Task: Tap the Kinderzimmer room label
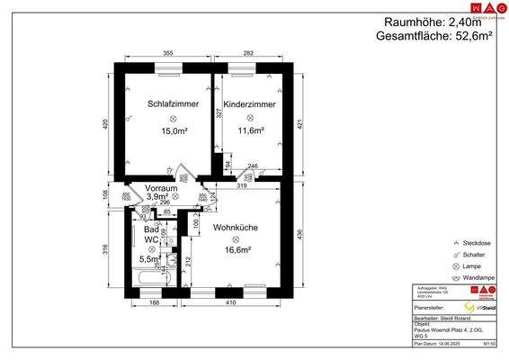(x=250, y=104)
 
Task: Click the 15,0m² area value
(x=174, y=130)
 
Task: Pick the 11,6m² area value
(x=250, y=130)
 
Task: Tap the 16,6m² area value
(x=236, y=251)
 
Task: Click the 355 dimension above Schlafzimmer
(x=167, y=54)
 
